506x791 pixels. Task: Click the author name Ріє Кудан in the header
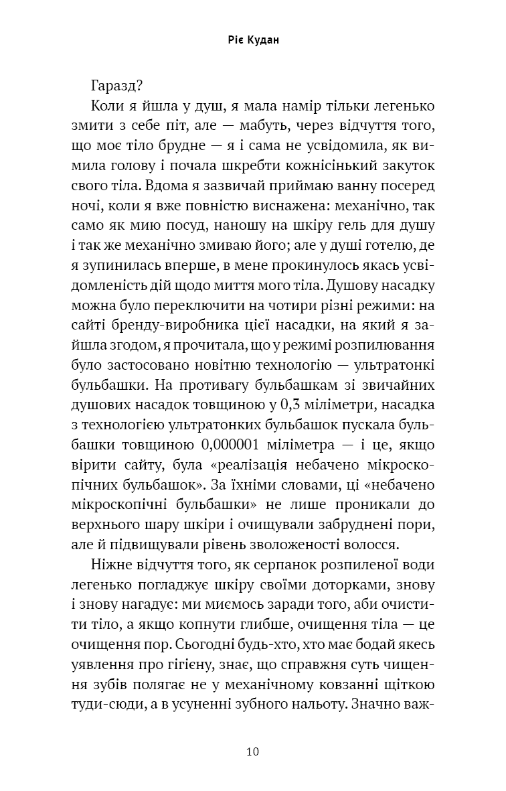(x=252, y=40)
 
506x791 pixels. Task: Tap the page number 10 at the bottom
(x=252, y=751)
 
